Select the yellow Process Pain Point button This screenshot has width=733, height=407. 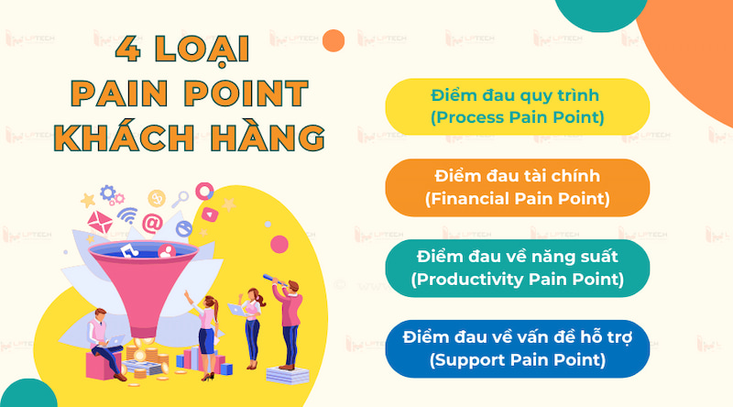click(x=517, y=106)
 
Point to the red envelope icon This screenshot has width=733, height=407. click(x=98, y=220)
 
